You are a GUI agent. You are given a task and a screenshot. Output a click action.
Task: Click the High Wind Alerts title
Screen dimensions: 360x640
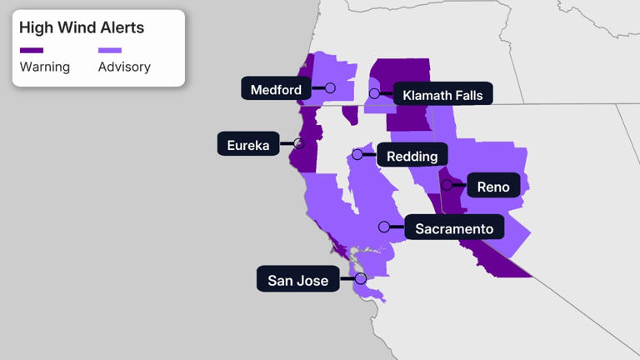[x=82, y=27]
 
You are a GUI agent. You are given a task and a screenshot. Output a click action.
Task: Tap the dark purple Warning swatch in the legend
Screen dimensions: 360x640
[x=32, y=51]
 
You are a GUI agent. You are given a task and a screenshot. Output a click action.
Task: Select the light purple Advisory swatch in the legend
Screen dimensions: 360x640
[x=110, y=51]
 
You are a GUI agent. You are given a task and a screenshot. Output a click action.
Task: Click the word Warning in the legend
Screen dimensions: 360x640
[x=45, y=67]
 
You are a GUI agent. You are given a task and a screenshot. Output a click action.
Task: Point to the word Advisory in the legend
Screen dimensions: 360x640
[x=125, y=67]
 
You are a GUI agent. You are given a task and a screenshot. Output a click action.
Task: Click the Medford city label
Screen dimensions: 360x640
[x=276, y=89]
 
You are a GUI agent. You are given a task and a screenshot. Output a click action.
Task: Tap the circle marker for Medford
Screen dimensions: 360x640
[x=330, y=88]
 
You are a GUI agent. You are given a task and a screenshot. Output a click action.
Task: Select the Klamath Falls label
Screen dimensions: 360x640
[x=442, y=95]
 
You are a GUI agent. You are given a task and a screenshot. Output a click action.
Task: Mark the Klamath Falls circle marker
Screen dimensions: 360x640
[x=375, y=93]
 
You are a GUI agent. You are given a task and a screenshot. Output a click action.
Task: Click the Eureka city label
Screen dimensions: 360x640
[x=248, y=145]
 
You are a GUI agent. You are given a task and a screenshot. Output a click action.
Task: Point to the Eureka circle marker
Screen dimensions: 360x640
[x=299, y=143]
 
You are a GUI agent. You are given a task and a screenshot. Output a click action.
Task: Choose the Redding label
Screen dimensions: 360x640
[x=412, y=155]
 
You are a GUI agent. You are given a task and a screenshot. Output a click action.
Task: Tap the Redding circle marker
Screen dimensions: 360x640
[x=357, y=154]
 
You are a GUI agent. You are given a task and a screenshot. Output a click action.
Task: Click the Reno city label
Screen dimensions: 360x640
[x=493, y=187]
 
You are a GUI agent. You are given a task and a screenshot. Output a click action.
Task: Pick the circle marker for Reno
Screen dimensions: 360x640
[x=447, y=185]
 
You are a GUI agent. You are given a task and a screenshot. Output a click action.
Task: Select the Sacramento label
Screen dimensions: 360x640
[x=454, y=228]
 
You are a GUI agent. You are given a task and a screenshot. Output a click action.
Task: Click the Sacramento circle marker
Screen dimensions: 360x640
[x=384, y=227]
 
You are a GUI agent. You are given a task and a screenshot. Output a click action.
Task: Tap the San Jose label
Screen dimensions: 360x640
[x=297, y=280]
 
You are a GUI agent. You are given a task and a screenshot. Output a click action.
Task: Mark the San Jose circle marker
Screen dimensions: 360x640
[x=361, y=278]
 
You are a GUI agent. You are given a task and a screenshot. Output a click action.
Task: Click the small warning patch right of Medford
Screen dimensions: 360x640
[x=351, y=114]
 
